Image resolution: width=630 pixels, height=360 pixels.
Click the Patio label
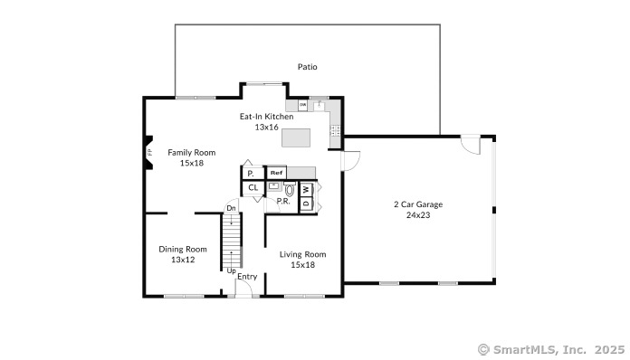[x=308, y=67]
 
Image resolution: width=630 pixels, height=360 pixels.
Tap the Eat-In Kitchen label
[x=266, y=117]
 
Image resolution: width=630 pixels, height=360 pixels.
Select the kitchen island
[x=295, y=137]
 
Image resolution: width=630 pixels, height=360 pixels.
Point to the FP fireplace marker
[x=148, y=155]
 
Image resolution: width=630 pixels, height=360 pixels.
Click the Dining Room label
[x=183, y=249]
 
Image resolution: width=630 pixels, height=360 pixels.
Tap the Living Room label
[x=302, y=254]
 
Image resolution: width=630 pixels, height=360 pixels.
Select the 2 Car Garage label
[x=417, y=204]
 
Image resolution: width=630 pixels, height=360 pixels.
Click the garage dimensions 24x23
[x=417, y=215]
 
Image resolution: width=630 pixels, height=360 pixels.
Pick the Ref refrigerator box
[x=277, y=172]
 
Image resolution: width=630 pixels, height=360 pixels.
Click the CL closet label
[x=253, y=188]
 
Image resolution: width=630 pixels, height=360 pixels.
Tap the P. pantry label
[x=250, y=173]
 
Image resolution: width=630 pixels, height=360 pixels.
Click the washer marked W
[x=306, y=189]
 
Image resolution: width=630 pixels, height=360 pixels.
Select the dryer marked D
[x=306, y=203]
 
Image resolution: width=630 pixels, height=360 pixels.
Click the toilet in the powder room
[x=290, y=191]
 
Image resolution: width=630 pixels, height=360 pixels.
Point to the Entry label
[x=247, y=277]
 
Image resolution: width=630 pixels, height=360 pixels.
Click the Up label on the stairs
[x=232, y=270]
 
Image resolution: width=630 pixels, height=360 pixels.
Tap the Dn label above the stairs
[x=232, y=209]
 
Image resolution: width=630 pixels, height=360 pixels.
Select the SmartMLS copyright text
[x=550, y=348]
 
